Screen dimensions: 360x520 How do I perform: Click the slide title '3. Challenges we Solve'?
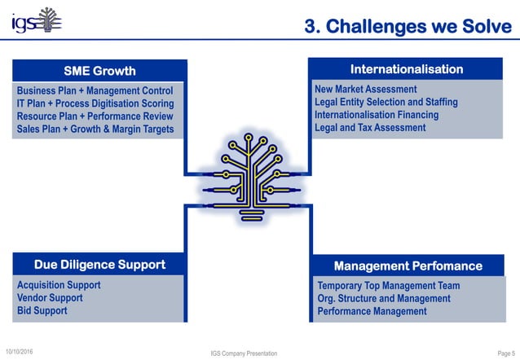coord(408,27)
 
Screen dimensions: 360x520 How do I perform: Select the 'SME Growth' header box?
coord(99,70)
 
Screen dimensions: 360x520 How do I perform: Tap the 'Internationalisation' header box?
coord(406,69)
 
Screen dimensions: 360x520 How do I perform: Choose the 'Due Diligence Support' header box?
coord(99,265)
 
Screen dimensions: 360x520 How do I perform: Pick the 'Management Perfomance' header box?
coord(408,266)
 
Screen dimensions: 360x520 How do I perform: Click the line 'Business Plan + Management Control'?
coord(95,90)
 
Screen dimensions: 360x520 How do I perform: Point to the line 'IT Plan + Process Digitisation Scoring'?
coord(95,103)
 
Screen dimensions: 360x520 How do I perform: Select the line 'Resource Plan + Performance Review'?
coord(95,116)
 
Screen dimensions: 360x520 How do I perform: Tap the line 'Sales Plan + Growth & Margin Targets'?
coord(95,130)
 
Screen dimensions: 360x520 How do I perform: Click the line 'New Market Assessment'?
coord(365,89)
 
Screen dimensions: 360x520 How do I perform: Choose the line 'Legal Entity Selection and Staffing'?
coord(386,102)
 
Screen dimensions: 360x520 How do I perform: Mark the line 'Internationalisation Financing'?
coord(376,115)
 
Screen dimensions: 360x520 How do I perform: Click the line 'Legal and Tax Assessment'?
coord(370,128)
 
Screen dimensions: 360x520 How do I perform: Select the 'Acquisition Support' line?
coord(59,285)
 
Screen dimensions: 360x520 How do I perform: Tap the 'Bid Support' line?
coord(42,310)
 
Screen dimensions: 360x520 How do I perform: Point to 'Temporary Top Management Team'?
coord(388,286)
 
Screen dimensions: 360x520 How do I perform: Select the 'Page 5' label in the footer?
coord(504,353)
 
